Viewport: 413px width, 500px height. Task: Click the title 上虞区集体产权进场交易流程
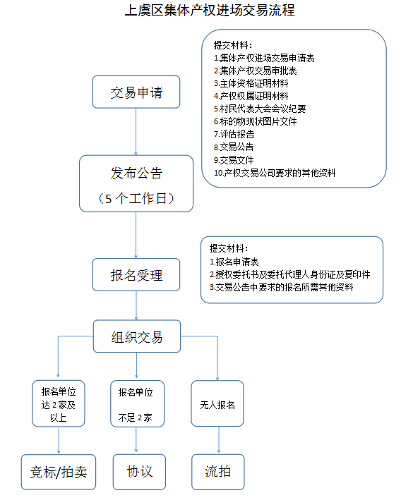pyautogui.click(x=210, y=10)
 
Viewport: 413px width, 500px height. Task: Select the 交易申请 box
pyautogui.click(x=136, y=92)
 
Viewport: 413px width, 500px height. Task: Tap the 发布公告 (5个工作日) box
pyautogui.click(x=136, y=183)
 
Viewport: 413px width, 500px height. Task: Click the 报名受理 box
pyautogui.click(x=136, y=274)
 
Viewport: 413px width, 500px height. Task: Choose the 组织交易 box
pyautogui.click(x=137, y=336)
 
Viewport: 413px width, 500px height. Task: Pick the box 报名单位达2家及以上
pyautogui.click(x=59, y=403)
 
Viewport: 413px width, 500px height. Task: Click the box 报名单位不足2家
pyautogui.click(x=137, y=403)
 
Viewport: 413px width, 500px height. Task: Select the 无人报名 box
pyautogui.click(x=217, y=403)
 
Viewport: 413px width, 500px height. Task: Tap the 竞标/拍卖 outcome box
pyautogui.click(x=59, y=472)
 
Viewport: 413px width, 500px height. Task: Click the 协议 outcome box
pyautogui.click(x=139, y=472)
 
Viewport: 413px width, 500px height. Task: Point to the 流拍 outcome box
pyautogui.click(x=218, y=472)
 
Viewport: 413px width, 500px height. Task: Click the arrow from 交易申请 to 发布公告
pyautogui.click(x=136, y=132)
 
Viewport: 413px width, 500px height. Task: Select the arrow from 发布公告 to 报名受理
pyautogui.click(x=136, y=236)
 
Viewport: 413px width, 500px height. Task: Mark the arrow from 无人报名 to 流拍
pyautogui.click(x=219, y=439)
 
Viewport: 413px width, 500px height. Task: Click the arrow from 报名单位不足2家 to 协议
pyautogui.click(x=136, y=440)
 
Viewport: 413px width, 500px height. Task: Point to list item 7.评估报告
pyautogui.click(x=234, y=134)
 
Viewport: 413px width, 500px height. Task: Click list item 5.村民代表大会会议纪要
pyautogui.click(x=260, y=109)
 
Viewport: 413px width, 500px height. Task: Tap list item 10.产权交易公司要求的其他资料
pyautogui.click(x=275, y=173)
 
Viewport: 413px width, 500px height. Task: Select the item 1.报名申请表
pyautogui.click(x=234, y=262)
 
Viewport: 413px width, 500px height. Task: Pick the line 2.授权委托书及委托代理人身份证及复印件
pyautogui.click(x=289, y=274)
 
